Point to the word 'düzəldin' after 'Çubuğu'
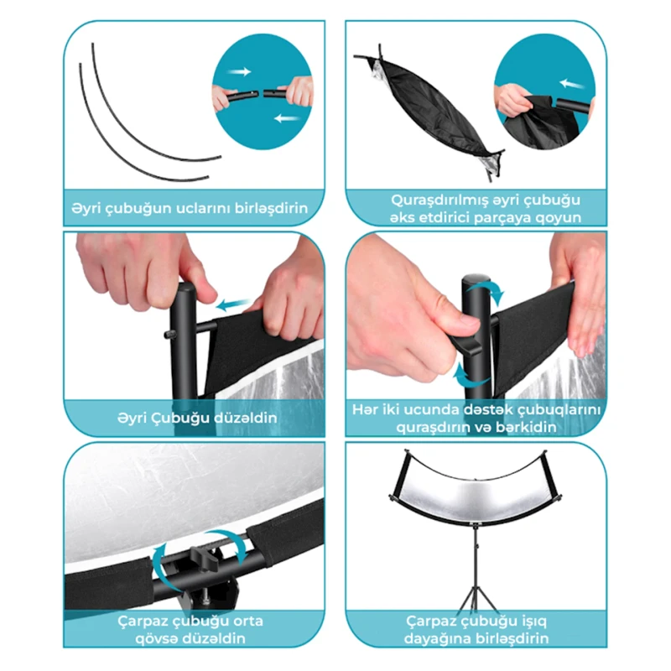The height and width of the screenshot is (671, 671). [245, 418]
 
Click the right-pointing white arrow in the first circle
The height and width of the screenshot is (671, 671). [239, 71]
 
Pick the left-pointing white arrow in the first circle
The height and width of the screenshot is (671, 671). [287, 117]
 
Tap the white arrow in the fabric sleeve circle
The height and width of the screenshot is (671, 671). [572, 83]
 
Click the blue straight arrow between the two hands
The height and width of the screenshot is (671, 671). [234, 304]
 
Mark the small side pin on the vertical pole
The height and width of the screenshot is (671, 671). [168, 334]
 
